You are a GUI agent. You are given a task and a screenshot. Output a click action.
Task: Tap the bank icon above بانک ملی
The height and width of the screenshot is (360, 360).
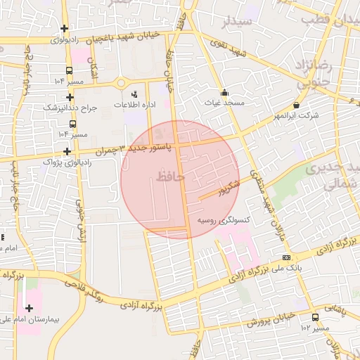(285, 257)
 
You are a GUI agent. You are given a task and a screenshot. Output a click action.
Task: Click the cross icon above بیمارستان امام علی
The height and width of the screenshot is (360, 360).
(29, 308)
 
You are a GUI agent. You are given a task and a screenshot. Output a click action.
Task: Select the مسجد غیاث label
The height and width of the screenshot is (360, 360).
(224, 103)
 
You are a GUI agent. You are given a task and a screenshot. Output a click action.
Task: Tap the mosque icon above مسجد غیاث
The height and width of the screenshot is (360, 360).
(224, 91)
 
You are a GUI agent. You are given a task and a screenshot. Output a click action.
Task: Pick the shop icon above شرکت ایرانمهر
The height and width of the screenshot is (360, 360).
(296, 105)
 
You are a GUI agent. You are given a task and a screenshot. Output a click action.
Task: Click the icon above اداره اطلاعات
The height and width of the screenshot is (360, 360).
(134, 94)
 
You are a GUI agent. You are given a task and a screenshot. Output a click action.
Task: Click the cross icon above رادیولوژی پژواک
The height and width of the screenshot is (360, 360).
(67, 150)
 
